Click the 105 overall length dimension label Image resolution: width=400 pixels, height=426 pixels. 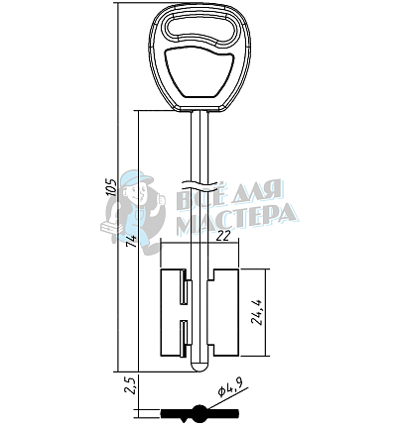tap(112, 187)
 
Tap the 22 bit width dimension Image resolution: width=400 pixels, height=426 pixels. tap(223, 237)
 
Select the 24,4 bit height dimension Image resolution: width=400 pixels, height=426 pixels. tap(258, 312)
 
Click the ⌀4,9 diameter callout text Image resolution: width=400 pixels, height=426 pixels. tap(230, 387)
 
